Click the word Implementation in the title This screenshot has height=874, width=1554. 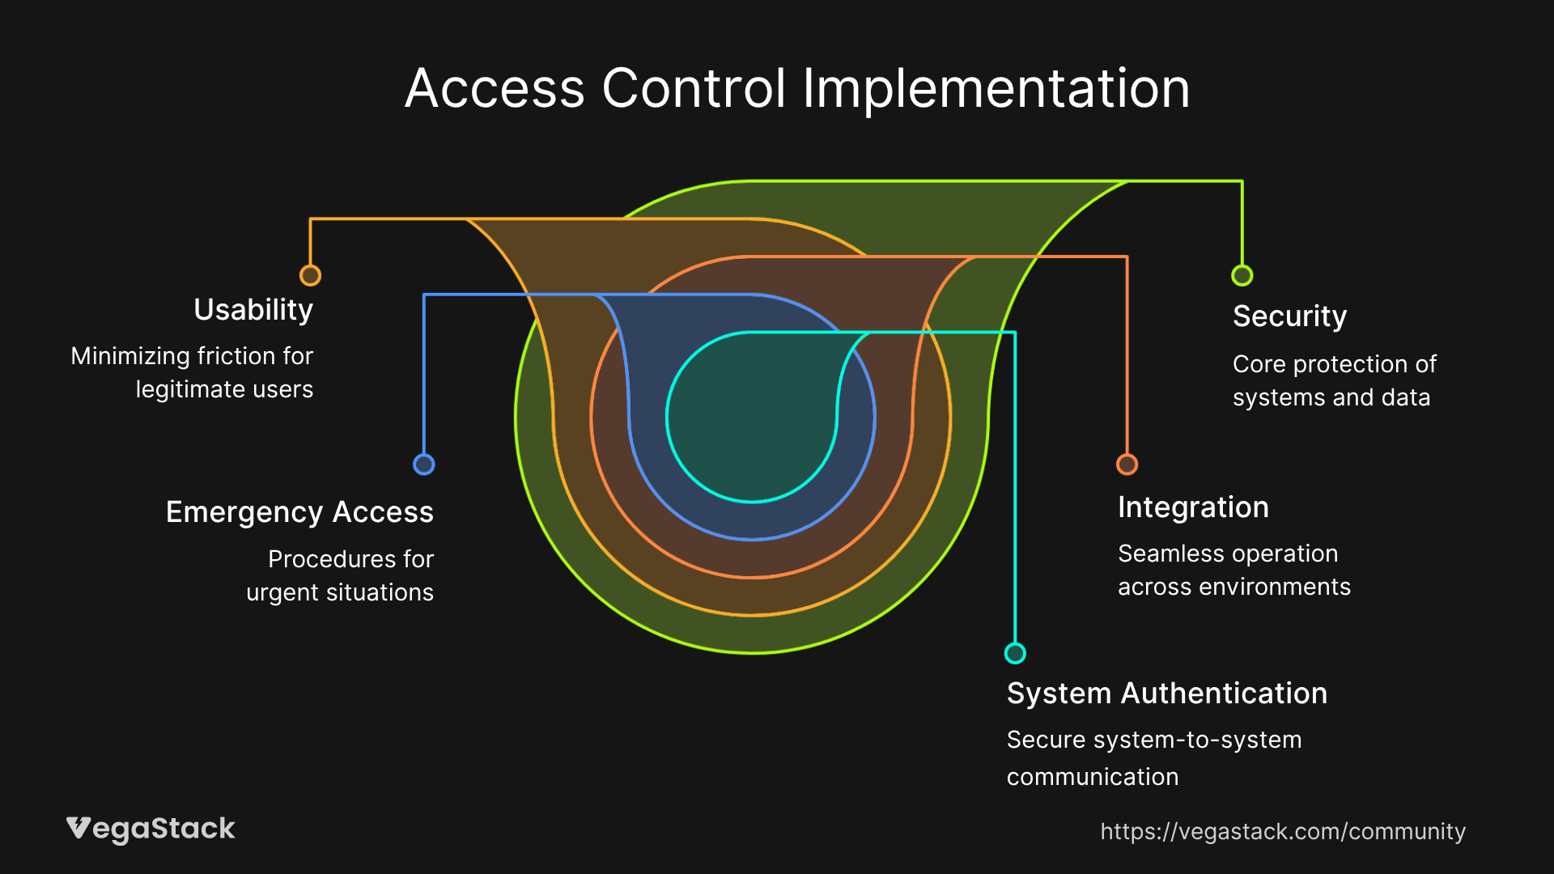[x=996, y=88]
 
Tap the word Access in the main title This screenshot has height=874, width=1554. [x=495, y=88]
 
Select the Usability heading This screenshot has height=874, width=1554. [x=253, y=310]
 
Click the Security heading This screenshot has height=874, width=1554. [x=1289, y=316]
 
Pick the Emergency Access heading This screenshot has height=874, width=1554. [x=299, y=512]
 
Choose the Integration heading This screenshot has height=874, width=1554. [x=1193, y=507]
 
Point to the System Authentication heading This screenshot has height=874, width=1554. [x=1166, y=694]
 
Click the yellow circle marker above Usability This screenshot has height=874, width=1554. [x=310, y=276]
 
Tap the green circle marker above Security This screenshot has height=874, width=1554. [x=1242, y=276]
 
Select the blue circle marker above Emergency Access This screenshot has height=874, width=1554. [x=423, y=465]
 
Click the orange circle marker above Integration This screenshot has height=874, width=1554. [x=1127, y=465]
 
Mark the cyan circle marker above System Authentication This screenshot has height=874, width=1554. [x=1015, y=653]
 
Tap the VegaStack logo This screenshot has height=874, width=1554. [x=151, y=829]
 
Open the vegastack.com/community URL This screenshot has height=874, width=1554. [x=1282, y=832]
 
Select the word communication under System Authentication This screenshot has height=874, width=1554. [x=1092, y=777]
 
